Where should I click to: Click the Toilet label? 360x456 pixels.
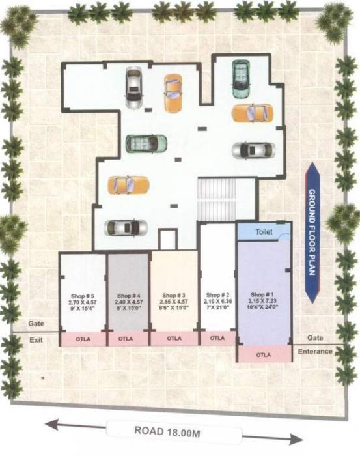(264, 231)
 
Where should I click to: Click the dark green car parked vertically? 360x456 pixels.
(241, 75)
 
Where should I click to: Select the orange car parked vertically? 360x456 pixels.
(173, 93)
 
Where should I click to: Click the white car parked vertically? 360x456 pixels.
(133, 87)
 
